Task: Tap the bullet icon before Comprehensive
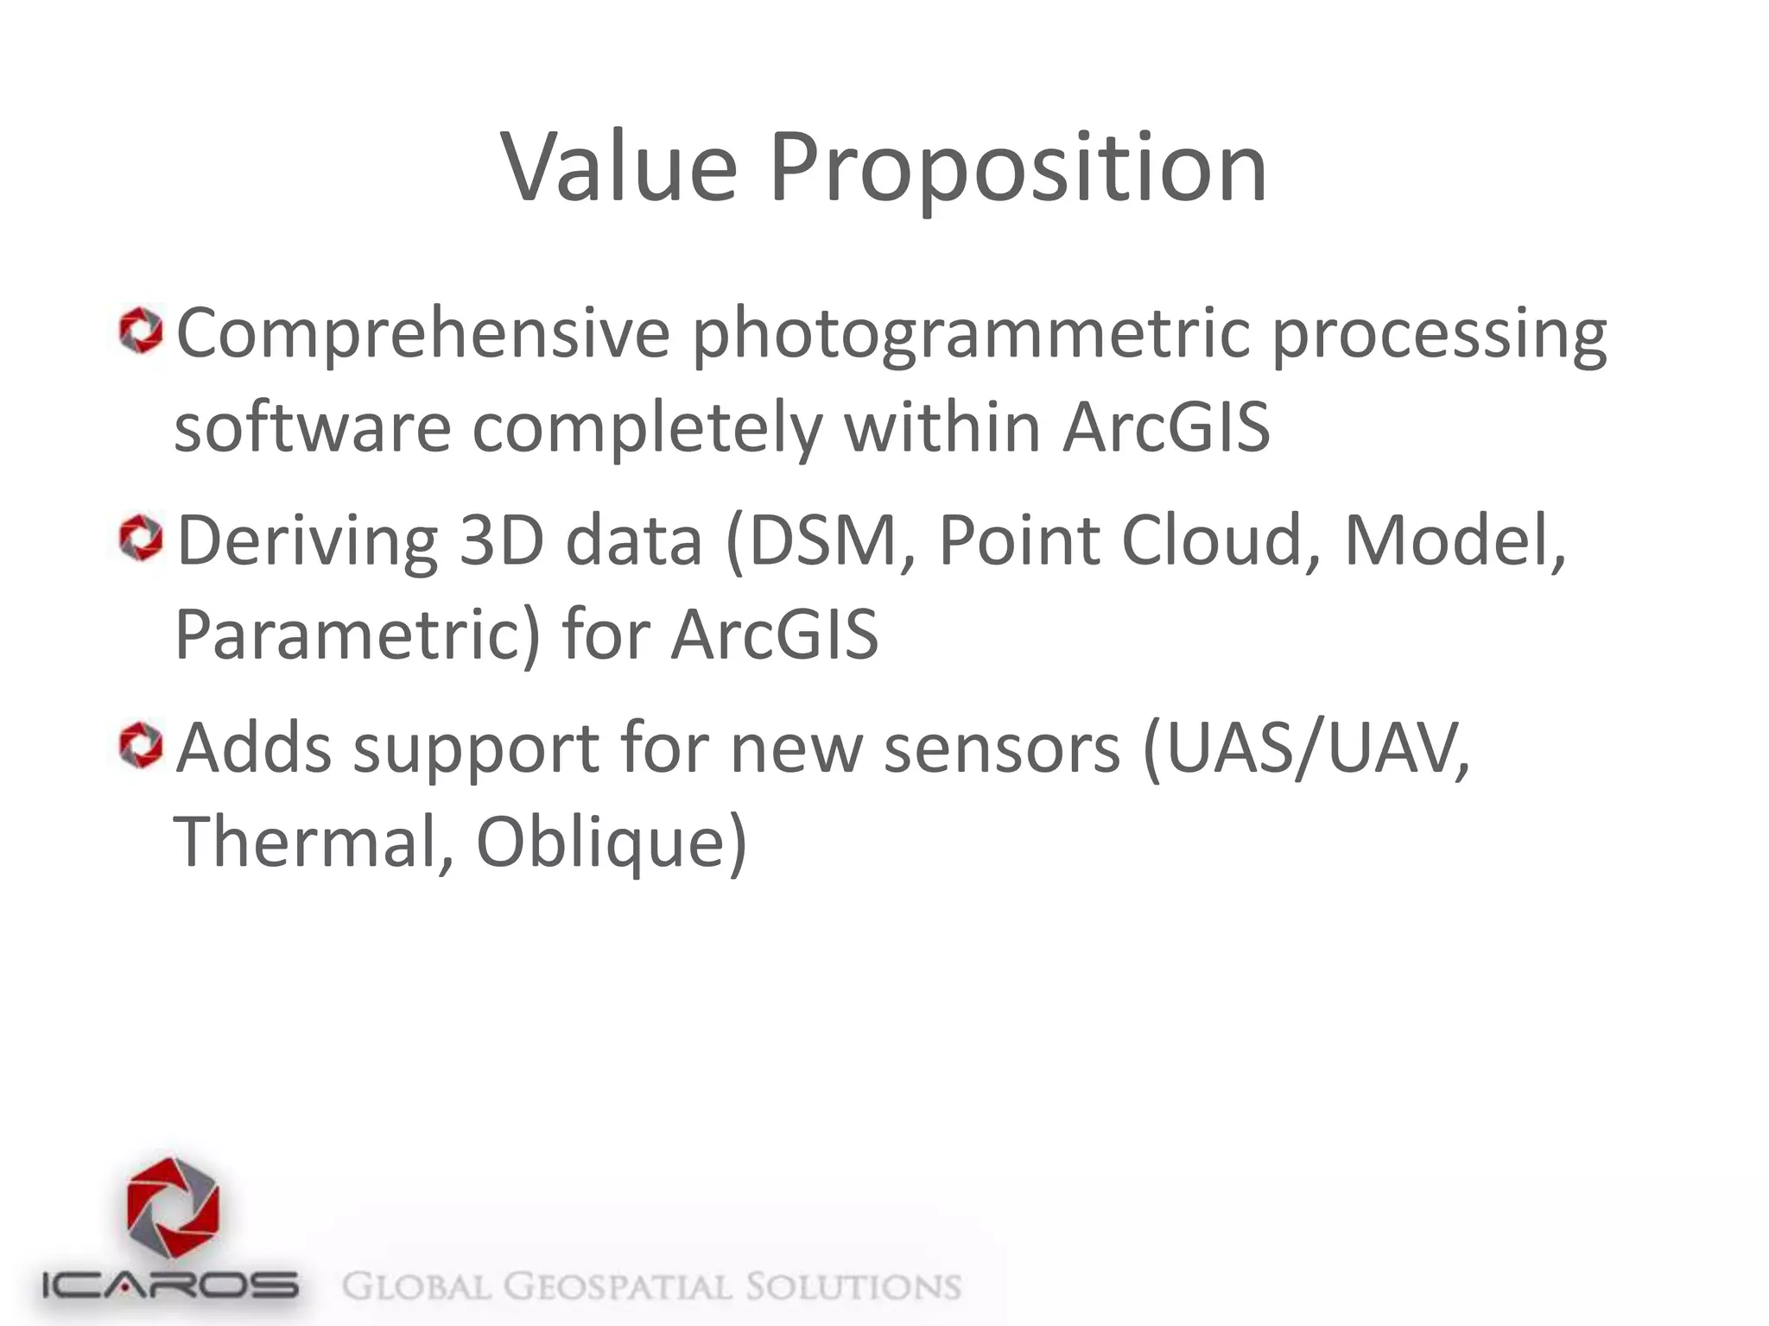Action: pos(141,332)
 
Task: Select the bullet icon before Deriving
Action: pos(141,539)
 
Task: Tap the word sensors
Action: pos(1002,748)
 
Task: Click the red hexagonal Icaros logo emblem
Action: pos(173,1209)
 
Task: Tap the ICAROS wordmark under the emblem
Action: pos(171,1286)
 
